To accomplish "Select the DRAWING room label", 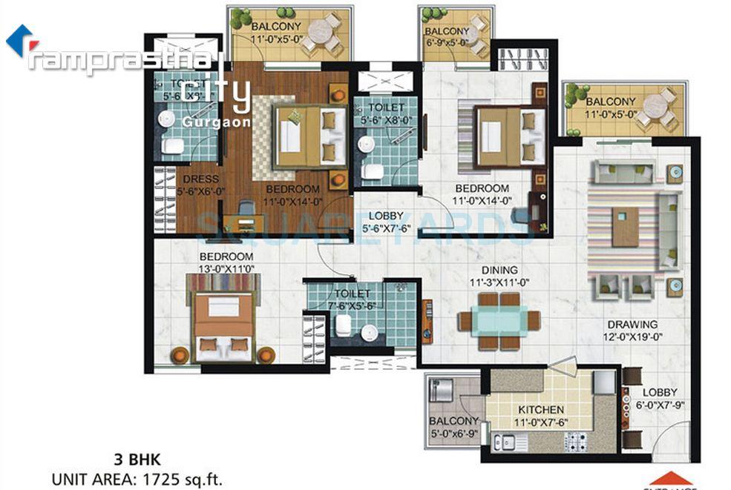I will coord(632,324).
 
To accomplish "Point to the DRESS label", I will coord(201,179).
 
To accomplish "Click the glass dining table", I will coord(499,321).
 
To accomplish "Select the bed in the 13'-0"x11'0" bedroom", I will coord(223,326).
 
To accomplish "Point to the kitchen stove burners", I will coord(575,443).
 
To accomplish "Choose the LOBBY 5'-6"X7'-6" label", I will coord(386,222).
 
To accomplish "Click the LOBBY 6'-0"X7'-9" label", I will coord(659,399).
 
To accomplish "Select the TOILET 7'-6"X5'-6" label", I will coord(353,300).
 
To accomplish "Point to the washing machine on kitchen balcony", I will coord(442,390).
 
